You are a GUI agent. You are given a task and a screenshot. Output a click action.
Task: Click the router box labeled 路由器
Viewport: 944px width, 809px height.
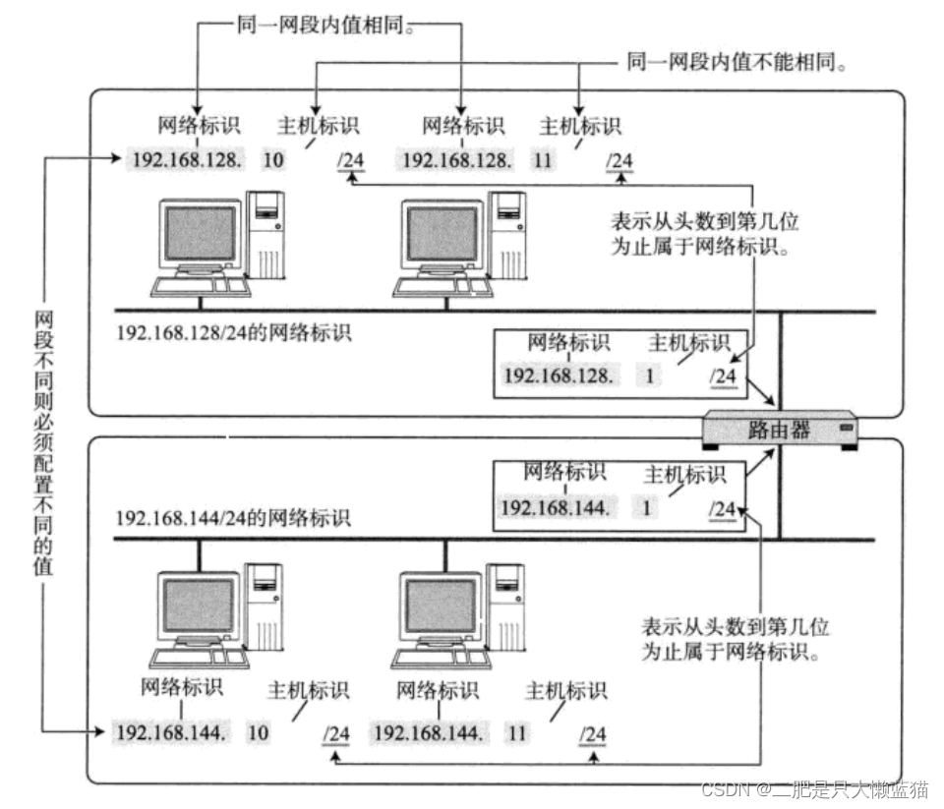tap(781, 430)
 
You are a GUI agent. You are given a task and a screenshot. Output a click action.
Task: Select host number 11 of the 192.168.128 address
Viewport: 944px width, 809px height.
tap(543, 159)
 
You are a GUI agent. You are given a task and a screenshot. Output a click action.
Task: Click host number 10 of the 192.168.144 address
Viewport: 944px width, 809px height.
tap(260, 733)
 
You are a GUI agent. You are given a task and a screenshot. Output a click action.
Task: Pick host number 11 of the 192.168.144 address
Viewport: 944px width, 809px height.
tap(517, 733)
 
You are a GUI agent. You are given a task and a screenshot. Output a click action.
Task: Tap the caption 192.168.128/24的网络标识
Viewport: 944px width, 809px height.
tap(234, 332)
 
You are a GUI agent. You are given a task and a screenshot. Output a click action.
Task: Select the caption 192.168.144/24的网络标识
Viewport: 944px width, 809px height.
tap(233, 517)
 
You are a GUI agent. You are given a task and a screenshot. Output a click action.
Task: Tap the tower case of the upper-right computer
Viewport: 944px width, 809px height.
tap(509, 236)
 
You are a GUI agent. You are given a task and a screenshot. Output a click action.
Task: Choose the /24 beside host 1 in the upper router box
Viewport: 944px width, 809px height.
tap(723, 376)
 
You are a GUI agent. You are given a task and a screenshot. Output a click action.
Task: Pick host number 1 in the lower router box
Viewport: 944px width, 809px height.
tap(646, 508)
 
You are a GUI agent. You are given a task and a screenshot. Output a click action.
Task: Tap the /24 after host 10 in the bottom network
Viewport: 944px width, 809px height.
tap(336, 734)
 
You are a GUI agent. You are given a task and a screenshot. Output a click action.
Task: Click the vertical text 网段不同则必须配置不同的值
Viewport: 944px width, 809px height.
tap(43, 442)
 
